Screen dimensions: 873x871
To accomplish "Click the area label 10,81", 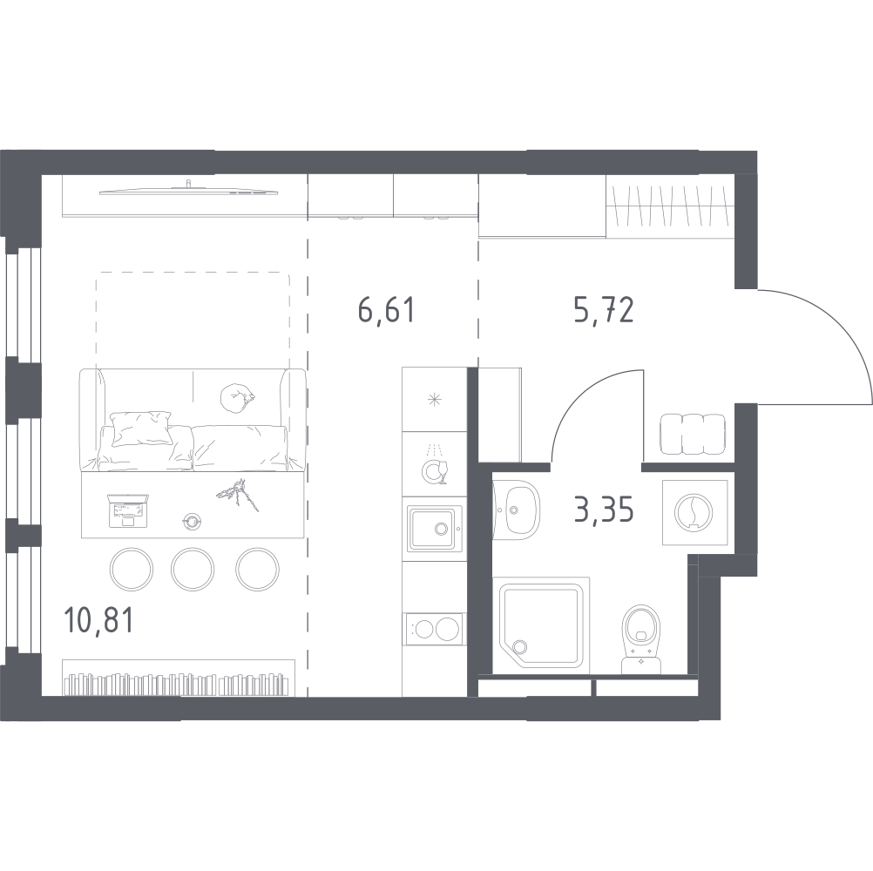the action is (x=98, y=620).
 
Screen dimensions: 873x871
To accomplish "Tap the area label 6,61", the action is (x=386, y=310).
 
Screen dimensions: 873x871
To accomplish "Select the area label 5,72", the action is (x=604, y=310).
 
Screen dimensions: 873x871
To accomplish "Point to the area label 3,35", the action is (x=604, y=510).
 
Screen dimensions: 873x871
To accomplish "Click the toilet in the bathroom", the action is (x=641, y=639).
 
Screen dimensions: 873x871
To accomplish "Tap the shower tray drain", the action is (x=520, y=646).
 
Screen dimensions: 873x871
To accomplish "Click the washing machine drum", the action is (x=694, y=512).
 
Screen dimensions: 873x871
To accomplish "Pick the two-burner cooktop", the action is (x=435, y=630).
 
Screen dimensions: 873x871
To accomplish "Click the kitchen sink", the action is (x=434, y=528).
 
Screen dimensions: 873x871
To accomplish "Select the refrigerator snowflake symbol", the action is (x=434, y=400).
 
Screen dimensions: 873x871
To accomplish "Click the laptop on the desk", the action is (x=129, y=510).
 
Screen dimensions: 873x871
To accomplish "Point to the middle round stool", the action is (x=192, y=570).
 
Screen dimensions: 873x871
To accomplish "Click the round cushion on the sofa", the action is (x=237, y=399).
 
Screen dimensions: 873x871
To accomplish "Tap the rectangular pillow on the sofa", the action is (x=141, y=428).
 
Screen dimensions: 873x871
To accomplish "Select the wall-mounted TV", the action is (x=189, y=191).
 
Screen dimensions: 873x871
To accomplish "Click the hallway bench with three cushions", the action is (x=694, y=434).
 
